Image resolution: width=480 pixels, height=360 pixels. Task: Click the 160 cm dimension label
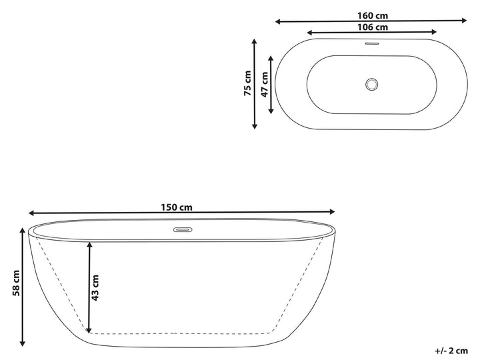373,15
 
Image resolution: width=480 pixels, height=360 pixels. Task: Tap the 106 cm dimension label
373,27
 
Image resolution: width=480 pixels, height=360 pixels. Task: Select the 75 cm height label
247,83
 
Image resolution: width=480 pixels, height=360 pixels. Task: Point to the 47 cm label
265,85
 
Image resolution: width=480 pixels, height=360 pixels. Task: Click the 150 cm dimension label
177,207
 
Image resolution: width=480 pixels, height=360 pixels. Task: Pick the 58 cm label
16,283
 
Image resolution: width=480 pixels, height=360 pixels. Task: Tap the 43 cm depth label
95,288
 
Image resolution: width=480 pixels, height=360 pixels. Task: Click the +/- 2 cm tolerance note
451,351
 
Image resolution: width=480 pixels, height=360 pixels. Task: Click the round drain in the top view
371,84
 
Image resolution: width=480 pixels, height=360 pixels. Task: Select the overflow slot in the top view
371,43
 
